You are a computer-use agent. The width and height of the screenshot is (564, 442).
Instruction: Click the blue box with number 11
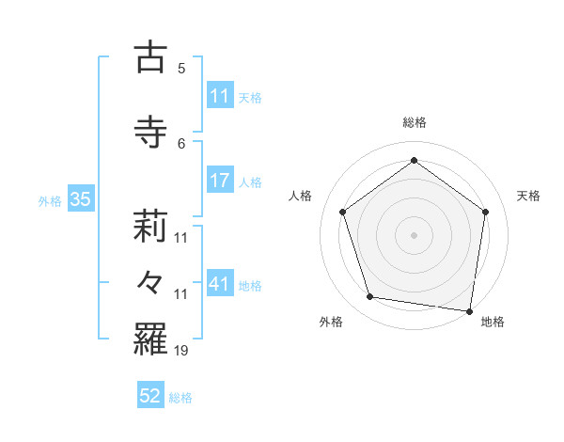pos(219,96)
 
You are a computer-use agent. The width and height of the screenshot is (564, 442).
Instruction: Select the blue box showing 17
pos(219,181)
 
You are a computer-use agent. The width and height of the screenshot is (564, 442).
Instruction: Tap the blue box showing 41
pos(219,284)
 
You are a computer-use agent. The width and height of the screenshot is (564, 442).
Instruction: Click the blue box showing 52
pos(150,396)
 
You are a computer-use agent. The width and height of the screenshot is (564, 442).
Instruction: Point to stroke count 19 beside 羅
pos(182,351)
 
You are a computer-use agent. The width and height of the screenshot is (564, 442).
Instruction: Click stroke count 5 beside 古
pos(181,69)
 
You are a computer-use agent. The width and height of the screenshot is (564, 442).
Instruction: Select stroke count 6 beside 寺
pos(181,143)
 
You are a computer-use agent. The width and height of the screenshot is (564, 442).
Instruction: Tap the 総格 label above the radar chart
pos(415,123)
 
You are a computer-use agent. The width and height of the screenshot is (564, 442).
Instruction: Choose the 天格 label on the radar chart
pos(528,196)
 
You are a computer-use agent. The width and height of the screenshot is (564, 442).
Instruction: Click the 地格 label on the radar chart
pos(493,322)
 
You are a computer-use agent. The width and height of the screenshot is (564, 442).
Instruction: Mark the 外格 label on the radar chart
pos(331,322)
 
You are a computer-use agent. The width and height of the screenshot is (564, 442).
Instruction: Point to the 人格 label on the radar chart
pos(300,196)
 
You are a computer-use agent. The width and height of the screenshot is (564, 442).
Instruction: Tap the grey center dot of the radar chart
pos(414,234)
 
